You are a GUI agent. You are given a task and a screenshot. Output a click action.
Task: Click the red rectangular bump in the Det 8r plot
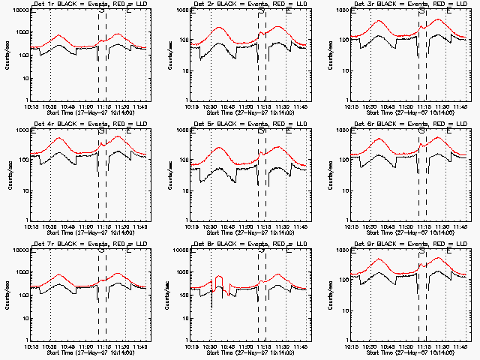(219, 282)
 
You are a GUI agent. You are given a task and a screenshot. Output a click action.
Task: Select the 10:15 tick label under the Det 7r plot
(31, 346)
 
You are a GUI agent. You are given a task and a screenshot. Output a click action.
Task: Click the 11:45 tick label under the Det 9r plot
(459, 346)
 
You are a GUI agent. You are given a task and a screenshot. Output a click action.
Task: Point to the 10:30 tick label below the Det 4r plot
(50, 227)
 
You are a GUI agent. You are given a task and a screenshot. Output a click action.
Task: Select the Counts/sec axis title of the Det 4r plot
(7, 175)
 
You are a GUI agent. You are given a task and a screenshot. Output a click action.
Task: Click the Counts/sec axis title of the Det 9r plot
(327, 295)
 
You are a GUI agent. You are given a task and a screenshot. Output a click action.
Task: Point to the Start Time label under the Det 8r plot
(241, 352)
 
